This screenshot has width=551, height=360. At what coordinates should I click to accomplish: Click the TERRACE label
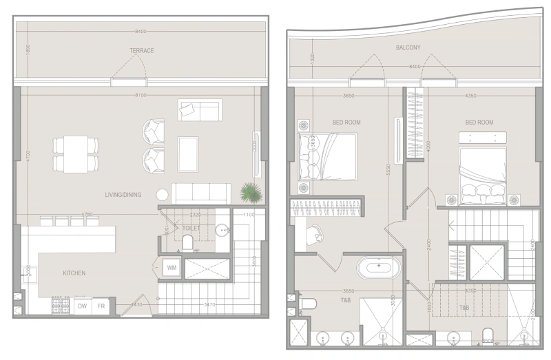pos(141,51)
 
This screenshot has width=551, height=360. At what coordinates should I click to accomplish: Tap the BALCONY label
pos(408,47)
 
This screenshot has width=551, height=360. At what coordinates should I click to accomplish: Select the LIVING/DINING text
pos(123,195)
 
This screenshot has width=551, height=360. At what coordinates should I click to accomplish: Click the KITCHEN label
pos(74,273)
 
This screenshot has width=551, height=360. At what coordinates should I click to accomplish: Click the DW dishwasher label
pos(82,306)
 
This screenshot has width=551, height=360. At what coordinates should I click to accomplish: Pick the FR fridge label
pos(101,306)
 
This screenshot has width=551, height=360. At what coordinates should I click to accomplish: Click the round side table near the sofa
pos(161,195)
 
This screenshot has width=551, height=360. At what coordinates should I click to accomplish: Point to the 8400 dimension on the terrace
pos(141,32)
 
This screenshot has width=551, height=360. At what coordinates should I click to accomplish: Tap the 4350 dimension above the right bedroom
pos(471,96)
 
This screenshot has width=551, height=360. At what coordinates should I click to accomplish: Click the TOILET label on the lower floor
pos(191,227)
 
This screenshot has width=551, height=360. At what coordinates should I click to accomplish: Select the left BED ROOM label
pos(346,123)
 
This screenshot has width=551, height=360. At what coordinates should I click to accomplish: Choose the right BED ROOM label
pos(479,123)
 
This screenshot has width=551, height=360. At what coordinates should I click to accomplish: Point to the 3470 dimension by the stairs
pos(210,304)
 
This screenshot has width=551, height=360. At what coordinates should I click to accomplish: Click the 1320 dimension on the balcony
pos(311,59)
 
